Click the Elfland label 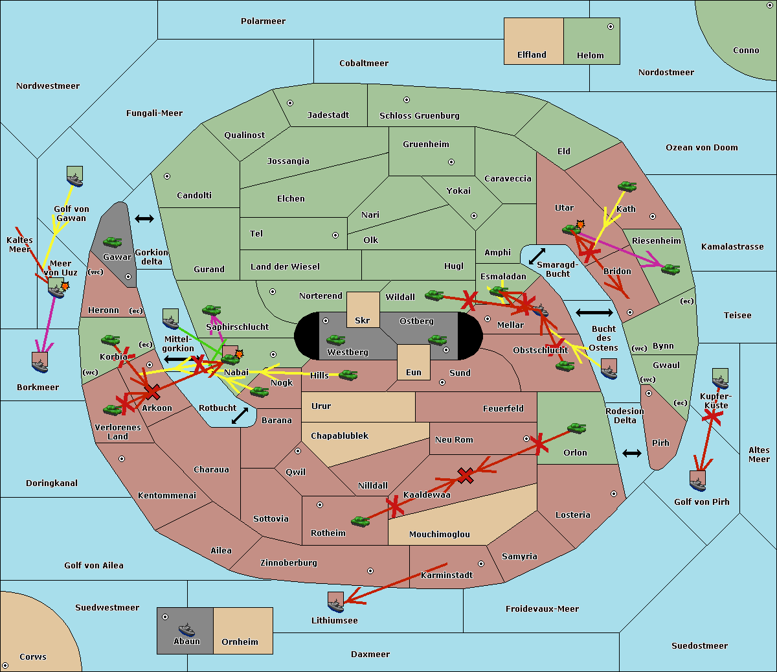coord(532,55)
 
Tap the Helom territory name coord(590,56)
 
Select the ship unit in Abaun coord(186,629)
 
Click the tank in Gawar coord(113,242)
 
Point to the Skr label coord(362,320)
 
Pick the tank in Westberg coord(335,340)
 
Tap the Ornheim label coord(240,642)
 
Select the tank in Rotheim coord(361,521)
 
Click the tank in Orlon coord(576,428)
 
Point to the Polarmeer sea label coord(263,21)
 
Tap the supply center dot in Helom coord(610,27)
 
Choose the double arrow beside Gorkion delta coord(144,219)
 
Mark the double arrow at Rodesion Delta coord(632,453)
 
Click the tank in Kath coord(627,187)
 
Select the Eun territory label coord(413,373)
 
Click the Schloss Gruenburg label coord(419,116)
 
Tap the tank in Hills coord(348,375)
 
